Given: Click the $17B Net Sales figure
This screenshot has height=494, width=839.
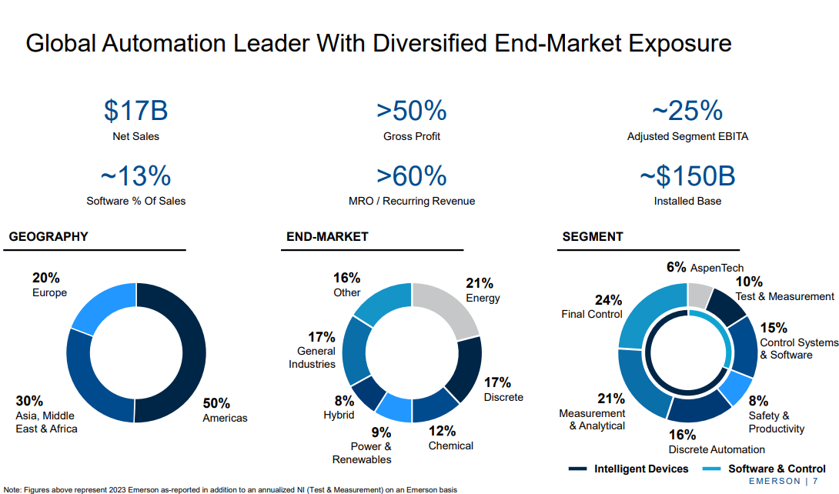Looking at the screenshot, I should pyautogui.click(x=135, y=111).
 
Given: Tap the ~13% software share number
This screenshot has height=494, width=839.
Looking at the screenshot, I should pyautogui.click(x=135, y=177).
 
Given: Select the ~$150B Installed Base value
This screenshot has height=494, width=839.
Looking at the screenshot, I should pyautogui.click(x=687, y=177).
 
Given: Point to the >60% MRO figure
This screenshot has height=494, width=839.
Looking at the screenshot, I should pyautogui.click(x=412, y=177).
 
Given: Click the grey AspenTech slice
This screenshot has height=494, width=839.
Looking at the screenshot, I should pyautogui.click(x=698, y=295).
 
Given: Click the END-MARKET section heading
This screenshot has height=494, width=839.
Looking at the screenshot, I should pyautogui.click(x=327, y=237).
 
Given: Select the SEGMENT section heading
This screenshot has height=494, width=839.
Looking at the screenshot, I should pyautogui.click(x=593, y=237).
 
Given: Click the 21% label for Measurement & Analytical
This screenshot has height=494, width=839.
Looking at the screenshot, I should pyautogui.click(x=611, y=399).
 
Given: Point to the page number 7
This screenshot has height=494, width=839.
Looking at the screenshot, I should pyautogui.click(x=815, y=482).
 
